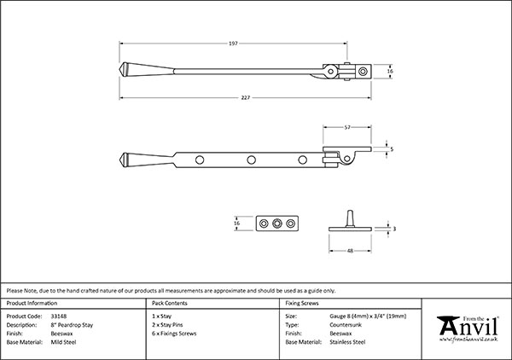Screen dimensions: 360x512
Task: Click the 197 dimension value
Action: (232, 43)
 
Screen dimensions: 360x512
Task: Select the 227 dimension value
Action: (245, 97)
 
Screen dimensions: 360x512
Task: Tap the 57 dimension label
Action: (347, 126)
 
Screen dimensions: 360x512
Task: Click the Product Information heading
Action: (32, 304)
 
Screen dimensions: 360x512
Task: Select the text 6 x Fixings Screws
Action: (174, 333)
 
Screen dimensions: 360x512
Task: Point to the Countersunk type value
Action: (348, 324)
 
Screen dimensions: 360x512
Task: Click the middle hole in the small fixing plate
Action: (277, 224)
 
